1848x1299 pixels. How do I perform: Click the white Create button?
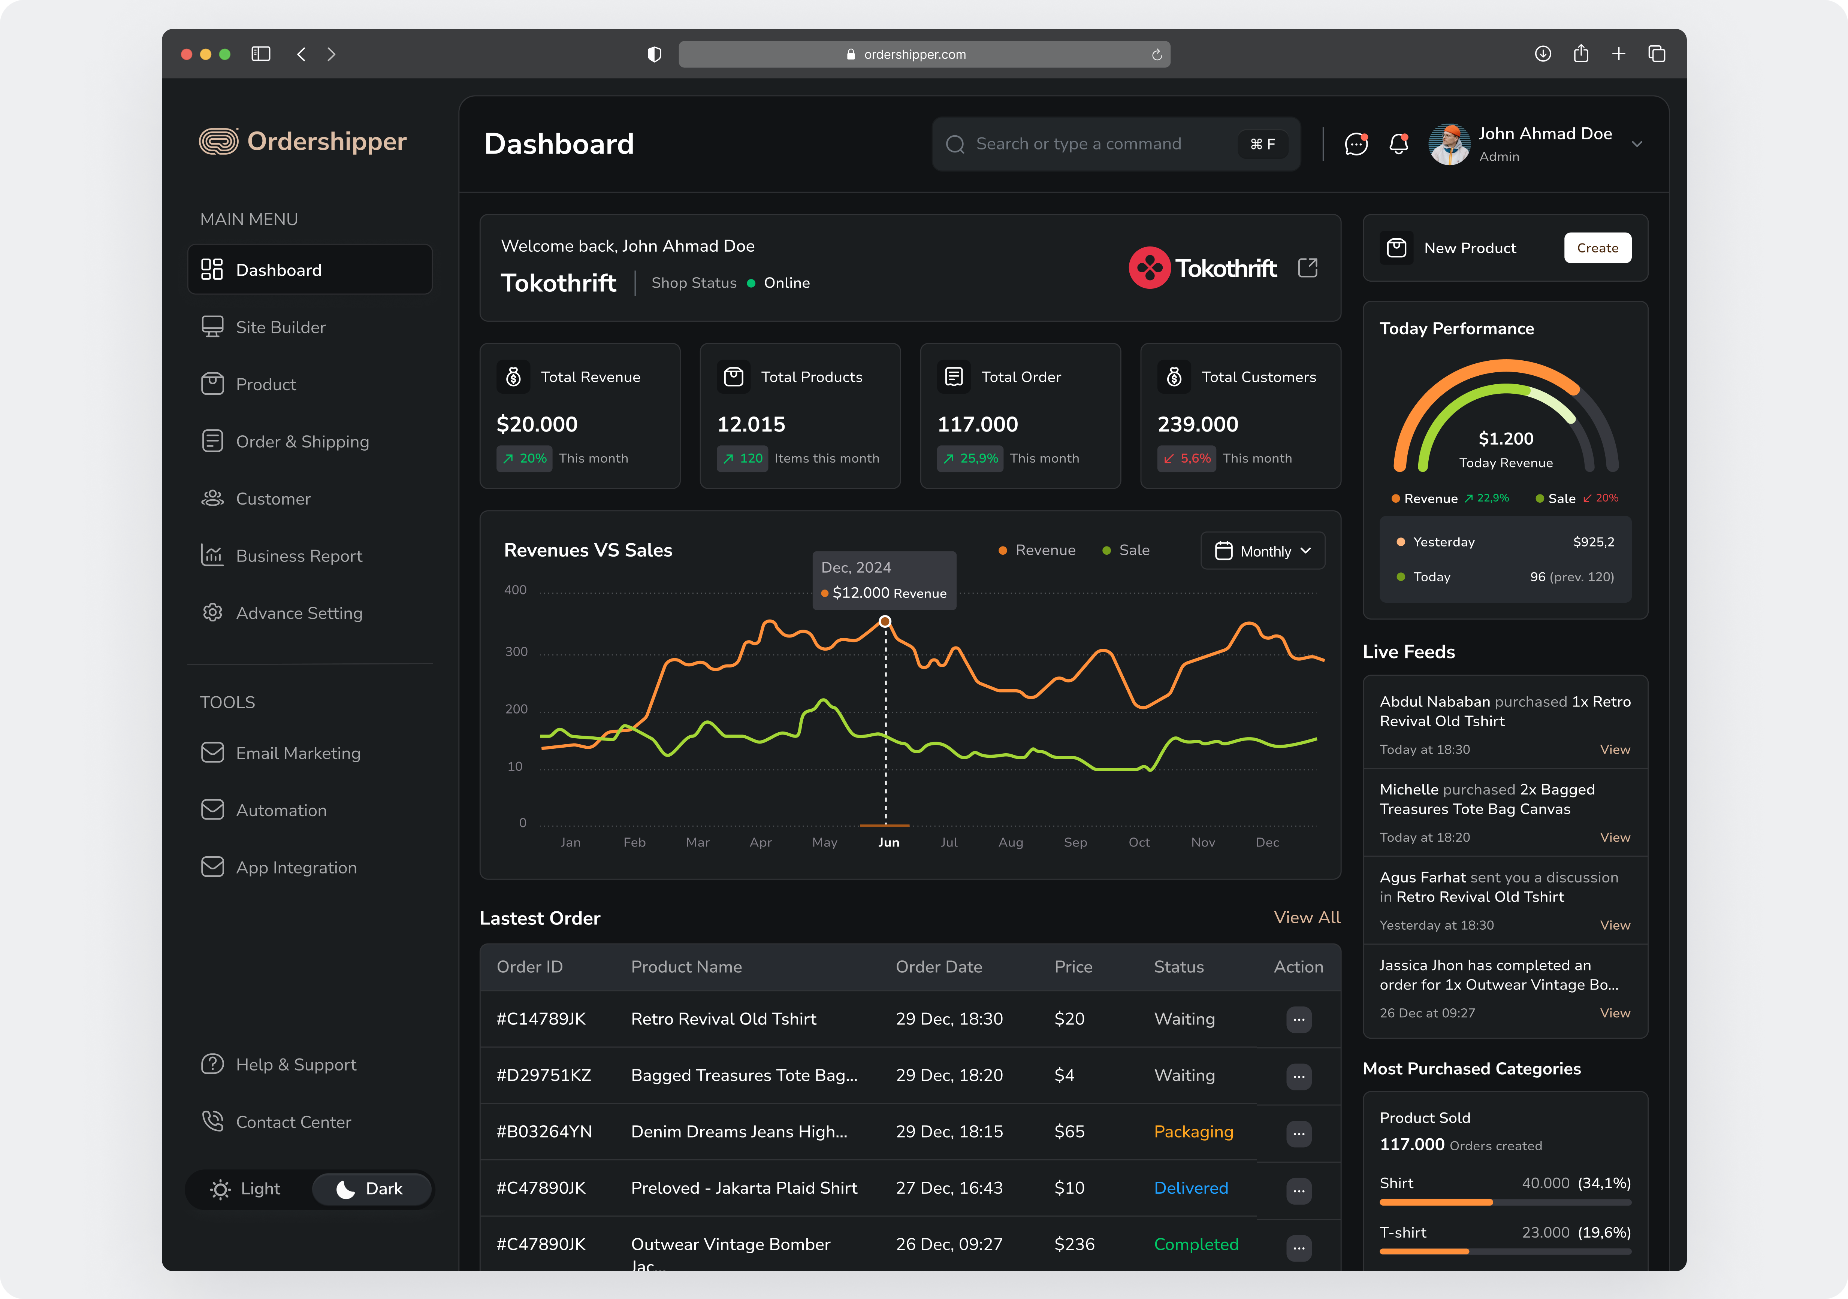(1597, 248)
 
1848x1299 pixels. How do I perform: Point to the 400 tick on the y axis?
(515, 590)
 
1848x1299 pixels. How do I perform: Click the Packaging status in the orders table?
(1193, 1132)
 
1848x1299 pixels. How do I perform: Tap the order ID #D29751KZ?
(544, 1075)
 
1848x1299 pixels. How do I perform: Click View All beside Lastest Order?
(1306, 918)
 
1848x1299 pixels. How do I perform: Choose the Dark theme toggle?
(370, 1189)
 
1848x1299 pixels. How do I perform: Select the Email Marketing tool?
(298, 753)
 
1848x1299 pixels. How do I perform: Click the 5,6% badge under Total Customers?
(1186, 458)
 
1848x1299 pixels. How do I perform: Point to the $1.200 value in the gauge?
(1505, 439)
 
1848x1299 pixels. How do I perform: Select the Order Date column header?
(939, 967)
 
